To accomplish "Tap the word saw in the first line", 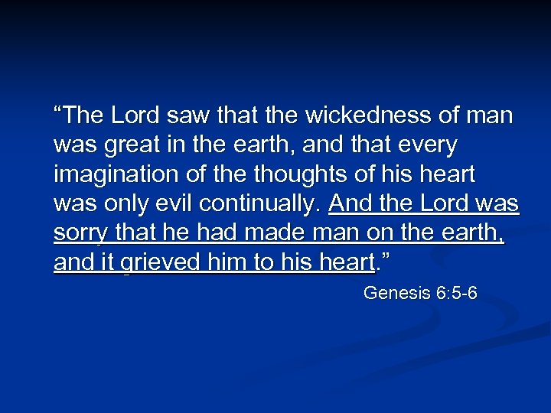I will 179,115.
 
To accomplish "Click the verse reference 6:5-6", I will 455,293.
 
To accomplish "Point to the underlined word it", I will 108,263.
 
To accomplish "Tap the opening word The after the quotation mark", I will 83,115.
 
